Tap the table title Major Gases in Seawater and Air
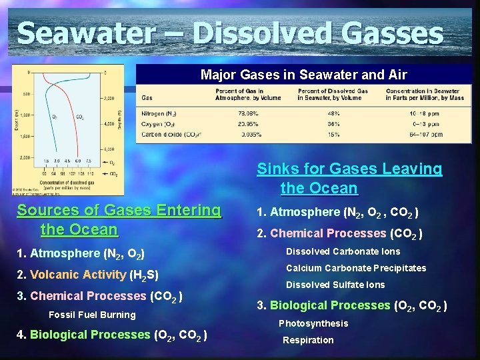click(x=304, y=75)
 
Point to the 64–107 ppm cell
click(x=424, y=134)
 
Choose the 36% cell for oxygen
click(x=333, y=123)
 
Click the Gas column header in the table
click(x=147, y=98)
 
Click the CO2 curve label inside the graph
click(x=80, y=117)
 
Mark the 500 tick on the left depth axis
click(x=26, y=94)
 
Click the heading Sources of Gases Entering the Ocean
click(x=119, y=219)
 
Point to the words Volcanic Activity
click(x=78, y=275)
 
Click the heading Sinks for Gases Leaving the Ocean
click(x=349, y=178)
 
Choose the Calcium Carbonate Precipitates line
click(x=356, y=268)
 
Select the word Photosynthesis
click(x=313, y=323)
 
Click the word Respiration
click(x=308, y=340)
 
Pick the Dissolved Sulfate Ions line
click(x=335, y=285)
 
